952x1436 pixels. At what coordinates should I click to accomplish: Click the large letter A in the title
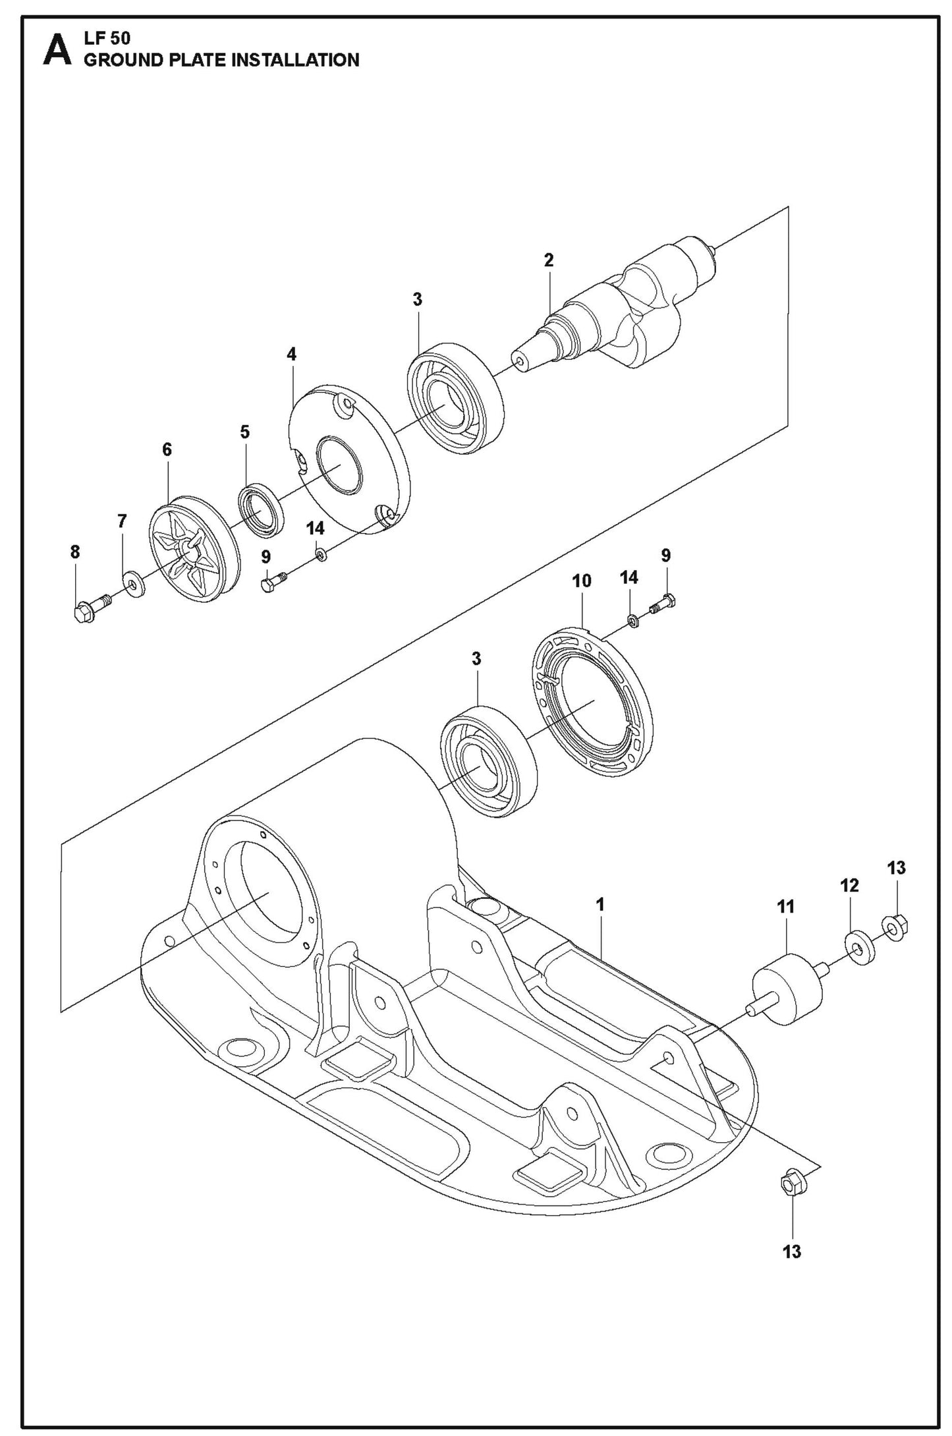coord(57,51)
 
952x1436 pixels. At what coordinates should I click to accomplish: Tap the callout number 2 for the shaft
coord(549,260)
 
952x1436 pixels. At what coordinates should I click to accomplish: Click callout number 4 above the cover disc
coord(291,355)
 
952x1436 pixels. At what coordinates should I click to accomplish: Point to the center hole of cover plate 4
coord(340,466)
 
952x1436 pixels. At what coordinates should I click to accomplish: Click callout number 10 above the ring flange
coord(582,581)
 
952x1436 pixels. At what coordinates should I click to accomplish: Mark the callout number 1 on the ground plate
coord(600,904)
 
